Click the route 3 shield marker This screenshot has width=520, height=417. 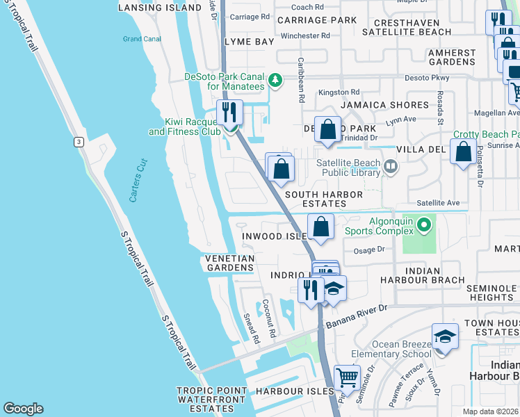[x=79, y=142]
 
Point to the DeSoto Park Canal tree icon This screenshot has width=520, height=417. [x=276, y=81]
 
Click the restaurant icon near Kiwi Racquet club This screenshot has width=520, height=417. [x=229, y=112]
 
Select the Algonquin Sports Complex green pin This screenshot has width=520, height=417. [x=424, y=224]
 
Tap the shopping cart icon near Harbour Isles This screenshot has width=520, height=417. [x=347, y=378]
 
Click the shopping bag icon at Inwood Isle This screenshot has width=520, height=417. [x=320, y=227]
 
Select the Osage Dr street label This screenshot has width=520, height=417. [x=369, y=250]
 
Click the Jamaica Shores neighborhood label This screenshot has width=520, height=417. [x=384, y=105]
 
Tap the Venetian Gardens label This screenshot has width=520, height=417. [x=229, y=263]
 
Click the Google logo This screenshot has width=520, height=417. [x=23, y=409]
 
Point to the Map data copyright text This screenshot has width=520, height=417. [x=491, y=411]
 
